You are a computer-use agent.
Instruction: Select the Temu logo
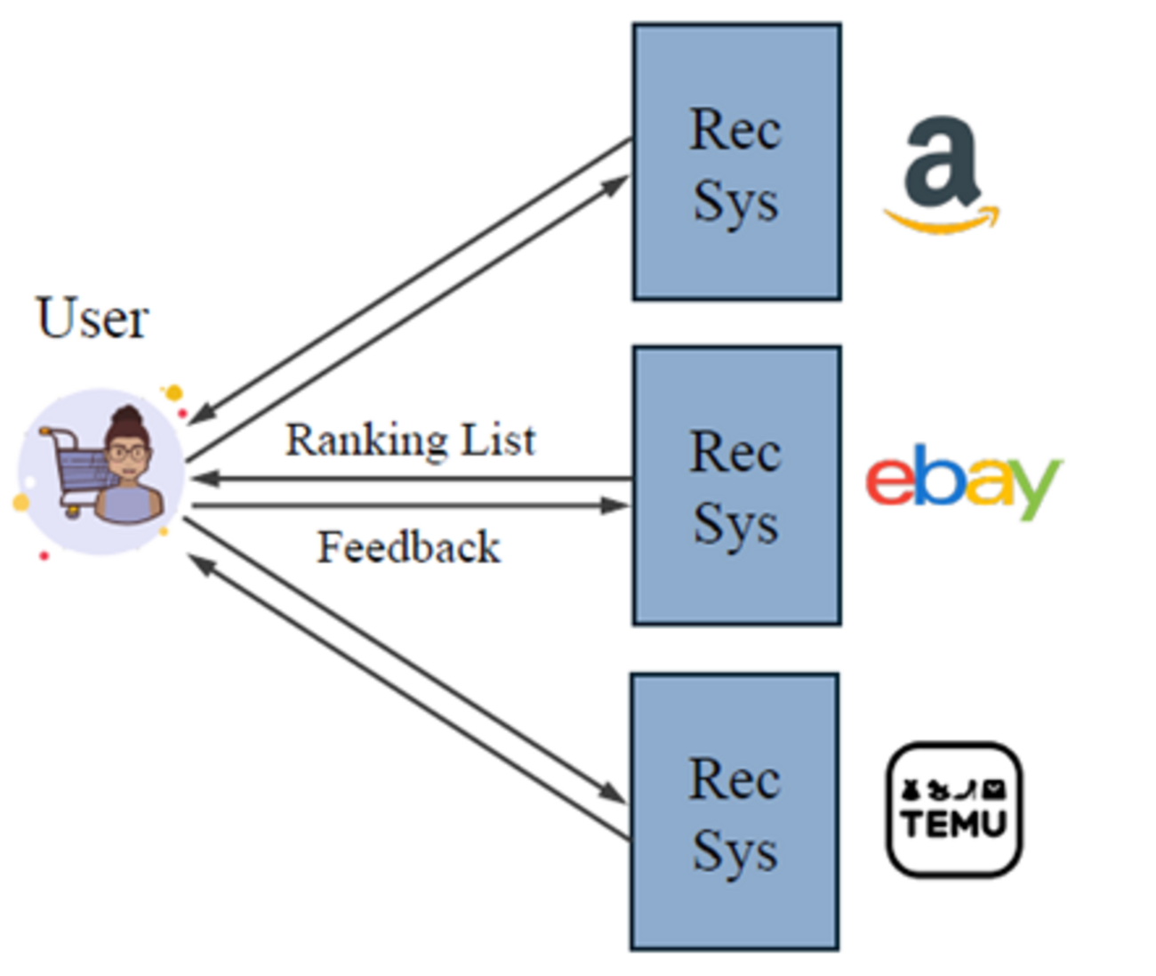click(954, 810)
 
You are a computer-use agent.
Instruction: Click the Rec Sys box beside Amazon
click(736, 163)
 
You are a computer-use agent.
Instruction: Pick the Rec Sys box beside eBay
click(736, 486)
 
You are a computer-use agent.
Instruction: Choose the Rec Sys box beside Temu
click(735, 812)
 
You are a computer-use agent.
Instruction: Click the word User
click(92, 319)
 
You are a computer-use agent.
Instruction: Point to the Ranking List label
click(410, 440)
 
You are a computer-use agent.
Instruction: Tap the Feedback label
click(409, 547)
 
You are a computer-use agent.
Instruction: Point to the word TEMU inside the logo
click(954, 824)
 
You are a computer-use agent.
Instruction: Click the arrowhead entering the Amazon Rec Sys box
click(616, 184)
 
